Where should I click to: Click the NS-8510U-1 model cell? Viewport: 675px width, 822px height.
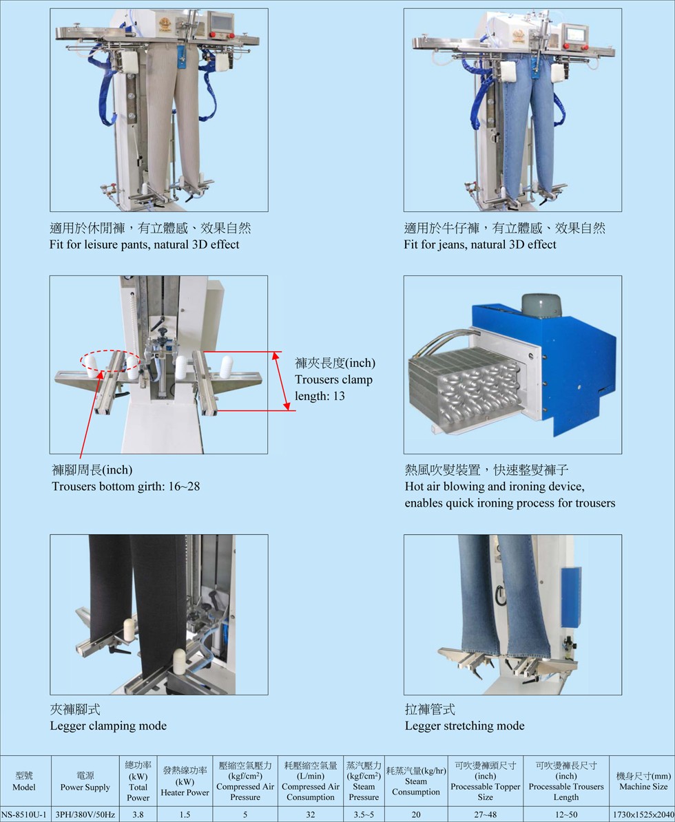[x=24, y=814]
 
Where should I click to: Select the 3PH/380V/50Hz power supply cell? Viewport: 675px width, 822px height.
[x=85, y=814]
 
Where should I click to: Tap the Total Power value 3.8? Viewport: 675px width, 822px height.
[x=138, y=814]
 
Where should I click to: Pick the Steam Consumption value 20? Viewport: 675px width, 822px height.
[x=416, y=814]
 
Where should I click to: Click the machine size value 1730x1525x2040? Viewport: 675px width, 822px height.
[x=643, y=814]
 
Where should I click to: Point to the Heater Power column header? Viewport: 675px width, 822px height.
[x=185, y=781]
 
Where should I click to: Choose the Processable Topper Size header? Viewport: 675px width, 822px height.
[x=485, y=781]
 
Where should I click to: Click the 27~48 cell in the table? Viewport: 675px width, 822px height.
[x=485, y=814]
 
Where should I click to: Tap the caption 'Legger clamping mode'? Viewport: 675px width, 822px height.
[x=109, y=726]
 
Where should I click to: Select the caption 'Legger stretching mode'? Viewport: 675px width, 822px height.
[x=465, y=726]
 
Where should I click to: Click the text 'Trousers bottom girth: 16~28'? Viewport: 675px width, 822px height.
[x=126, y=487]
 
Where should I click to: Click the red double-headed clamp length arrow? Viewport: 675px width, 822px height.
[x=280, y=381]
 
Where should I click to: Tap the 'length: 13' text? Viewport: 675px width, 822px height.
[x=320, y=397]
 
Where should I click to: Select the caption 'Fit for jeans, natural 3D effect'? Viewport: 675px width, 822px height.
[x=480, y=245]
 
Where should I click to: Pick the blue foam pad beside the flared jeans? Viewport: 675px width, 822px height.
[x=570, y=597]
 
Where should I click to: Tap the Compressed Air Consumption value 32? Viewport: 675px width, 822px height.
[x=311, y=814]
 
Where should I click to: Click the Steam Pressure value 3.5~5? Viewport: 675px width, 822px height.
[x=364, y=814]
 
